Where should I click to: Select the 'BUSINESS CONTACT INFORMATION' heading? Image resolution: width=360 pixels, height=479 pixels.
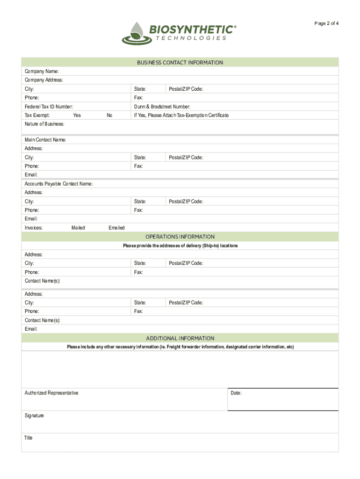pos(180,63)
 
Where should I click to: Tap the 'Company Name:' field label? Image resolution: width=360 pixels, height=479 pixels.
pos(42,72)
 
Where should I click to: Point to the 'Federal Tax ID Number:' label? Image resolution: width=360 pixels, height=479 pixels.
pos(49,107)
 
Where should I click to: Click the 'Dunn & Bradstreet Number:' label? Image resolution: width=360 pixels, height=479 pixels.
pos(162,107)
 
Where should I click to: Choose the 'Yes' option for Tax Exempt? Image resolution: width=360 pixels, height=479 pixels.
pos(77,116)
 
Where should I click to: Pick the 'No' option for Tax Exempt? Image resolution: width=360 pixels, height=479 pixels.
pos(109,116)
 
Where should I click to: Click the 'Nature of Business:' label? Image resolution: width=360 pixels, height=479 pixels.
pos(44,124)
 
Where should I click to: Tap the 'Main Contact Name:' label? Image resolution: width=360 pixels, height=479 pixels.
pos(45,140)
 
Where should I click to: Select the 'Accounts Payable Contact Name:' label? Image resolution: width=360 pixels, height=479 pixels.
pos(59,184)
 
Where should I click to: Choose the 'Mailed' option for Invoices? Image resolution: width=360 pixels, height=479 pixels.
pos(78,228)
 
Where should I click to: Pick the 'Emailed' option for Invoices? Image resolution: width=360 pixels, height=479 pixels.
pos(116,228)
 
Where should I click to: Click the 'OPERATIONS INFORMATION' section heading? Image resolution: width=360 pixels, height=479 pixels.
pos(180,237)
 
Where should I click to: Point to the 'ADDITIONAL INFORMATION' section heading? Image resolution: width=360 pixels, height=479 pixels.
pos(180,338)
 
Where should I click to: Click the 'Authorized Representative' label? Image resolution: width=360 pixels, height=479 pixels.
pos(51,393)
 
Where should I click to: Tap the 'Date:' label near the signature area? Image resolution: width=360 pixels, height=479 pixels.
pos(236,393)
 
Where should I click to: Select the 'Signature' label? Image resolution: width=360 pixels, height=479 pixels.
pos(34,415)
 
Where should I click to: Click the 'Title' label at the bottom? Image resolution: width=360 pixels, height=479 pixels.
pos(29,438)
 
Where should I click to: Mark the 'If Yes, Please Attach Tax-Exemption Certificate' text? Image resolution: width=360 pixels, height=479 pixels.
pos(181,116)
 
